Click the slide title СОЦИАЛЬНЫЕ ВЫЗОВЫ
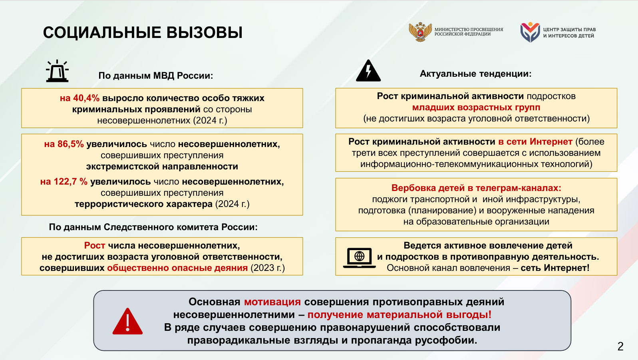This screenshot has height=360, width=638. coord(143,32)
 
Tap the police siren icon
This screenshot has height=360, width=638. coord(57,71)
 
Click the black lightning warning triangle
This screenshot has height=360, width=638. coord(368,71)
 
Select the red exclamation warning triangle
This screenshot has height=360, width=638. coord(127,321)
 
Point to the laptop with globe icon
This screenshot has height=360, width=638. coord(360,258)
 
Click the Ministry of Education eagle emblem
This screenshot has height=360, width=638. coord(420,32)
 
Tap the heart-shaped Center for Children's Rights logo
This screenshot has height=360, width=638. coord(530,32)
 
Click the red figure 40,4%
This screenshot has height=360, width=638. coord(80,98)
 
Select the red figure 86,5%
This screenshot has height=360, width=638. coord(64,144)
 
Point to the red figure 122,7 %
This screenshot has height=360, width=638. coord(64,182)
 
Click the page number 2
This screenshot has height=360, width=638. coord(621,346)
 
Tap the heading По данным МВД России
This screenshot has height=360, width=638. coord(156,76)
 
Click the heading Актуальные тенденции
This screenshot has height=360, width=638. coord(476,74)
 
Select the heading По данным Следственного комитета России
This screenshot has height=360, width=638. coord(153,227)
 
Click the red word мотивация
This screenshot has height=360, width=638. coord(272,302)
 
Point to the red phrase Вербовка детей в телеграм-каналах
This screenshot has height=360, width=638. coord(476,188)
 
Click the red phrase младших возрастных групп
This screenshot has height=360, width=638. coord(476,107)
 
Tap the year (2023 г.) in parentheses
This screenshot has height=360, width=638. coord(268,268)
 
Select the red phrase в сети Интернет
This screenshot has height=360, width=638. coord(535,141)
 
